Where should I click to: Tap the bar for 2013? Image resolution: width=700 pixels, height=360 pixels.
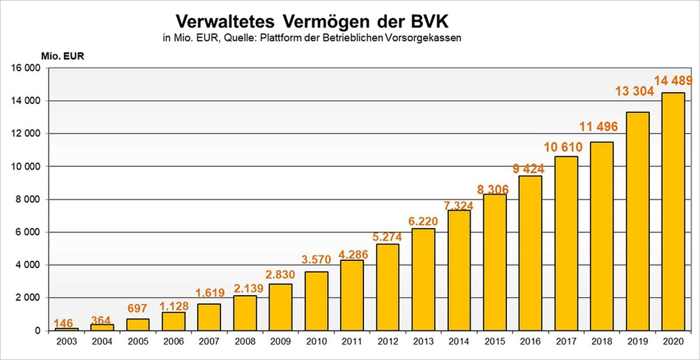[423, 279]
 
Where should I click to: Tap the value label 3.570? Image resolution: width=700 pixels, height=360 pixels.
[316, 260]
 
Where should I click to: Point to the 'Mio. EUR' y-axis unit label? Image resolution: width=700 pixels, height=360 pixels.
[62, 57]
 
